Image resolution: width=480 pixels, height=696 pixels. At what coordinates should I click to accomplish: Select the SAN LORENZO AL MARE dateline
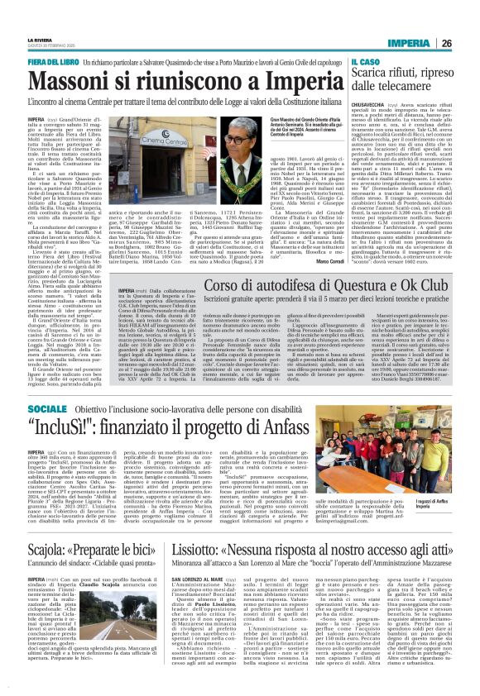[173, 579]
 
